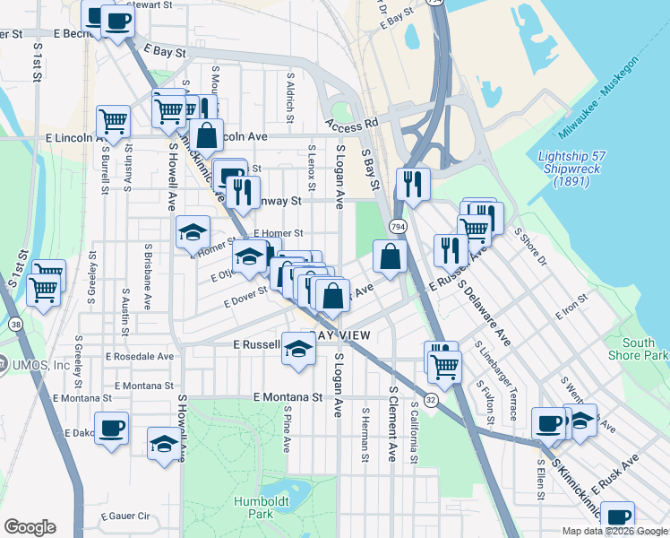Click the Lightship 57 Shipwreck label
click(572, 169)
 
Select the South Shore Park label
click(644, 349)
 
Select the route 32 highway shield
click(431, 401)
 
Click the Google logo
click(30, 527)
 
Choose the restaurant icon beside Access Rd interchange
click(412, 184)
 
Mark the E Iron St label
click(571, 308)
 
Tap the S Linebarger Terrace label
click(507, 381)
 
